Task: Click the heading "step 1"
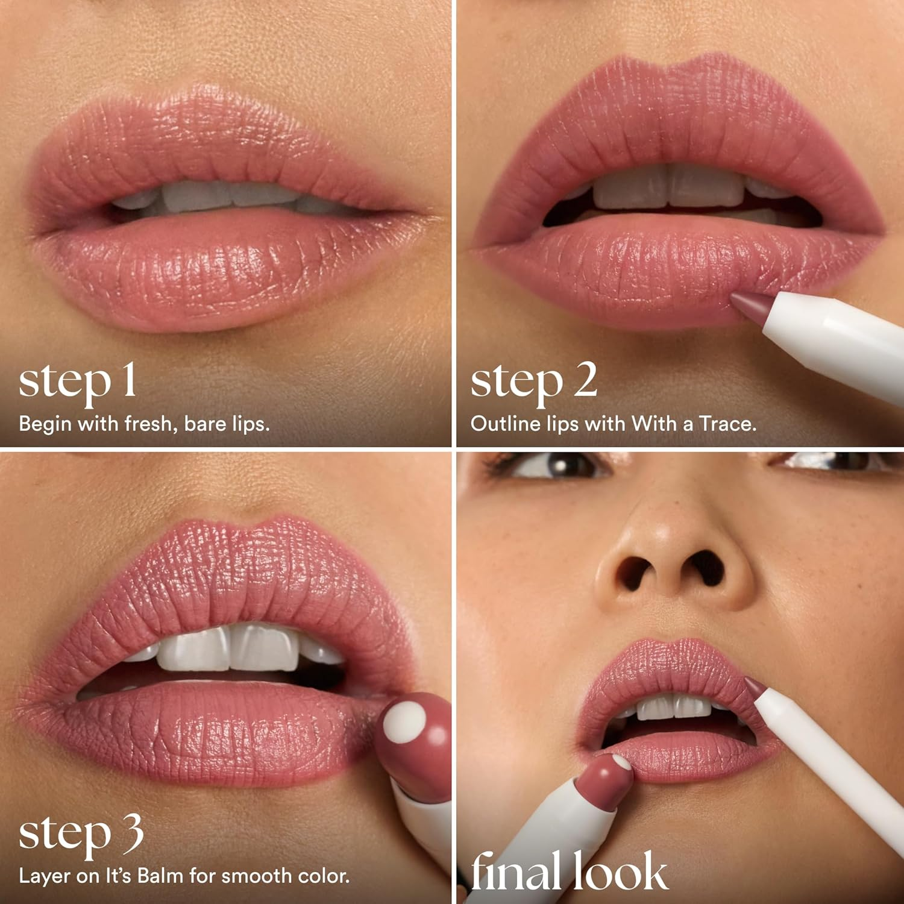pyautogui.click(x=77, y=382)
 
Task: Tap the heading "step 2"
pyautogui.click(x=533, y=382)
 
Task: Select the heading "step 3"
pyautogui.click(x=81, y=834)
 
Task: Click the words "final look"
pyautogui.click(x=569, y=871)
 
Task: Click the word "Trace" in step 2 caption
pyautogui.click(x=727, y=424)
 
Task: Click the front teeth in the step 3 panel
pyautogui.click(x=229, y=648)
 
